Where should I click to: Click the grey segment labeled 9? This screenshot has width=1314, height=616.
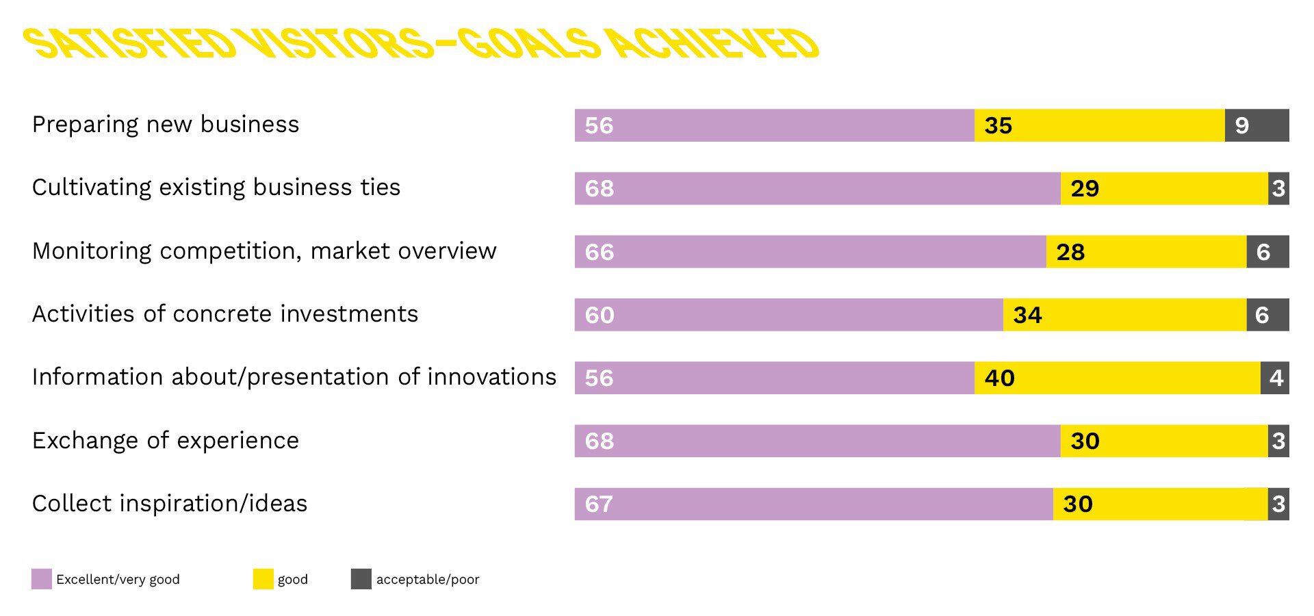[1257, 125]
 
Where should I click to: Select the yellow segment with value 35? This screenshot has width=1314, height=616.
[1099, 125]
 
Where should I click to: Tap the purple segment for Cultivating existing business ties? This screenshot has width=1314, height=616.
[817, 188]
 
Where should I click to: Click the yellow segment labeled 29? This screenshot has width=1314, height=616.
[1164, 188]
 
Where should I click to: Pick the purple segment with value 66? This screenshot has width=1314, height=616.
[810, 251]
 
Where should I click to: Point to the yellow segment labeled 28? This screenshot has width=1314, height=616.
[1146, 251]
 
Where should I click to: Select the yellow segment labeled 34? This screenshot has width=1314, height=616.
[1124, 315]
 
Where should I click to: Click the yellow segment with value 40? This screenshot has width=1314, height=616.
[1118, 378]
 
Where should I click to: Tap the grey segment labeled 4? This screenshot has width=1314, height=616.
[1275, 378]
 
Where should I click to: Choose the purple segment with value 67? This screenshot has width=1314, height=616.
[814, 504]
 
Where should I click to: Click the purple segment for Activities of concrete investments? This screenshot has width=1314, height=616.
[788, 315]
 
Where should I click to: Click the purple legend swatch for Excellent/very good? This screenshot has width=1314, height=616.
[42, 579]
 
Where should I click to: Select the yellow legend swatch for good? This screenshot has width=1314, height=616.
[263, 579]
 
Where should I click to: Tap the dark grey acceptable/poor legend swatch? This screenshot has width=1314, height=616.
[361, 579]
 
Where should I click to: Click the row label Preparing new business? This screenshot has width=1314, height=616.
[166, 125]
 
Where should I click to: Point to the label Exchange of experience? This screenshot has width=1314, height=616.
[166, 441]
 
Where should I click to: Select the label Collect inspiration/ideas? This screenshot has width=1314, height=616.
[170, 504]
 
